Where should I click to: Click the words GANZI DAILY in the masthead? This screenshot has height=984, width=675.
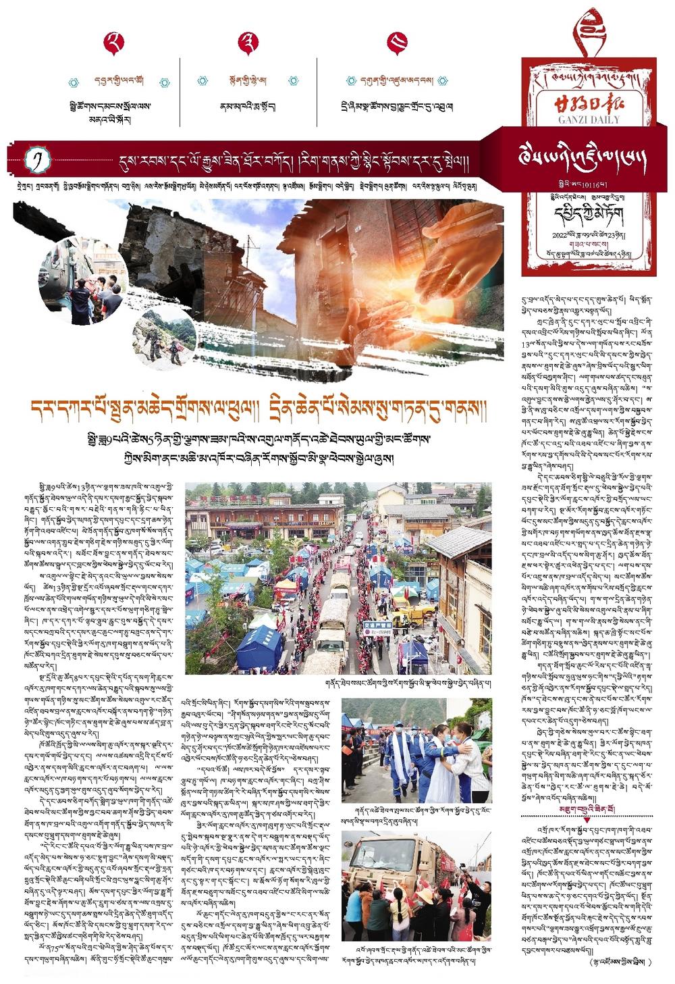(x=589, y=120)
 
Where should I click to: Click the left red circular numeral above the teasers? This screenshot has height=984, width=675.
(x=114, y=43)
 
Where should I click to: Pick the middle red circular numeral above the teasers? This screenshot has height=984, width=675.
(x=248, y=43)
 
